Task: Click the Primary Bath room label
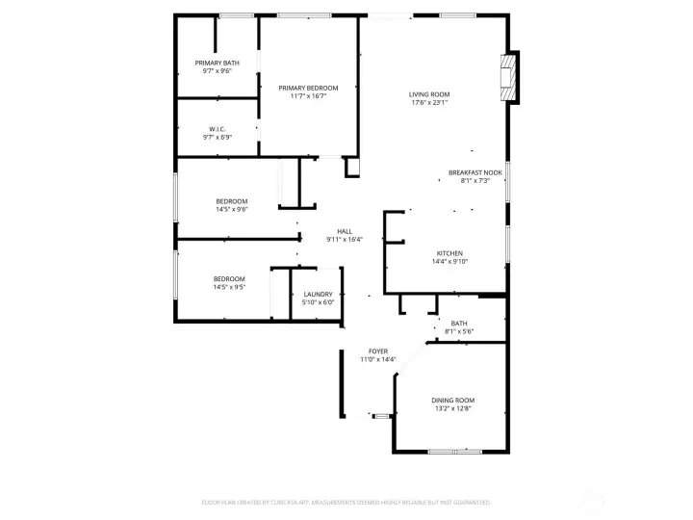click(x=217, y=63)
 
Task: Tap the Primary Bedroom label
click(x=308, y=88)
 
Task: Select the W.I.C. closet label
click(x=217, y=129)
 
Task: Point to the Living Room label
click(x=429, y=94)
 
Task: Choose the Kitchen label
click(x=449, y=253)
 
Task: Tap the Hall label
click(x=344, y=231)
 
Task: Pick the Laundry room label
click(x=318, y=294)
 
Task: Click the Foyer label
click(x=378, y=351)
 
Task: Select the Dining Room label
click(x=452, y=400)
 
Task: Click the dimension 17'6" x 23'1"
click(x=430, y=103)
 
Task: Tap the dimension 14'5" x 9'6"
click(x=231, y=209)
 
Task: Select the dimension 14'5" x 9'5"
click(x=229, y=287)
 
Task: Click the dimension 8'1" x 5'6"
click(x=458, y=331)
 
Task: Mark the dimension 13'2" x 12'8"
click(x=452, y=408)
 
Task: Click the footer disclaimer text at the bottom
click(x=346, y=502)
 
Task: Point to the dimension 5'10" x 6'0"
click(x=318, y=302)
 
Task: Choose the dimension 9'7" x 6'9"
click(x=217, y=138)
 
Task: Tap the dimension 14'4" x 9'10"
click(x=449, y=261)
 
